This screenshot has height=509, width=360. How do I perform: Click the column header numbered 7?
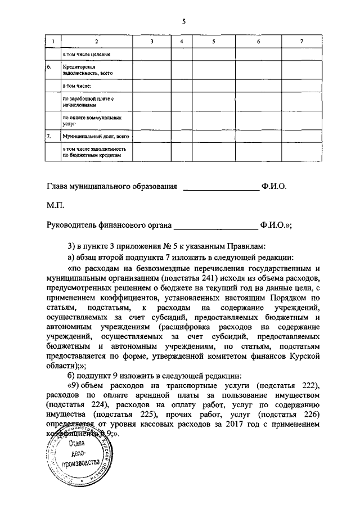coord(301,42)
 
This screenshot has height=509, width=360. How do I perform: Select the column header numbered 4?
coord(181,42)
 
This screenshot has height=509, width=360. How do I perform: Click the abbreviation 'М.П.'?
coord(56,206)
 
